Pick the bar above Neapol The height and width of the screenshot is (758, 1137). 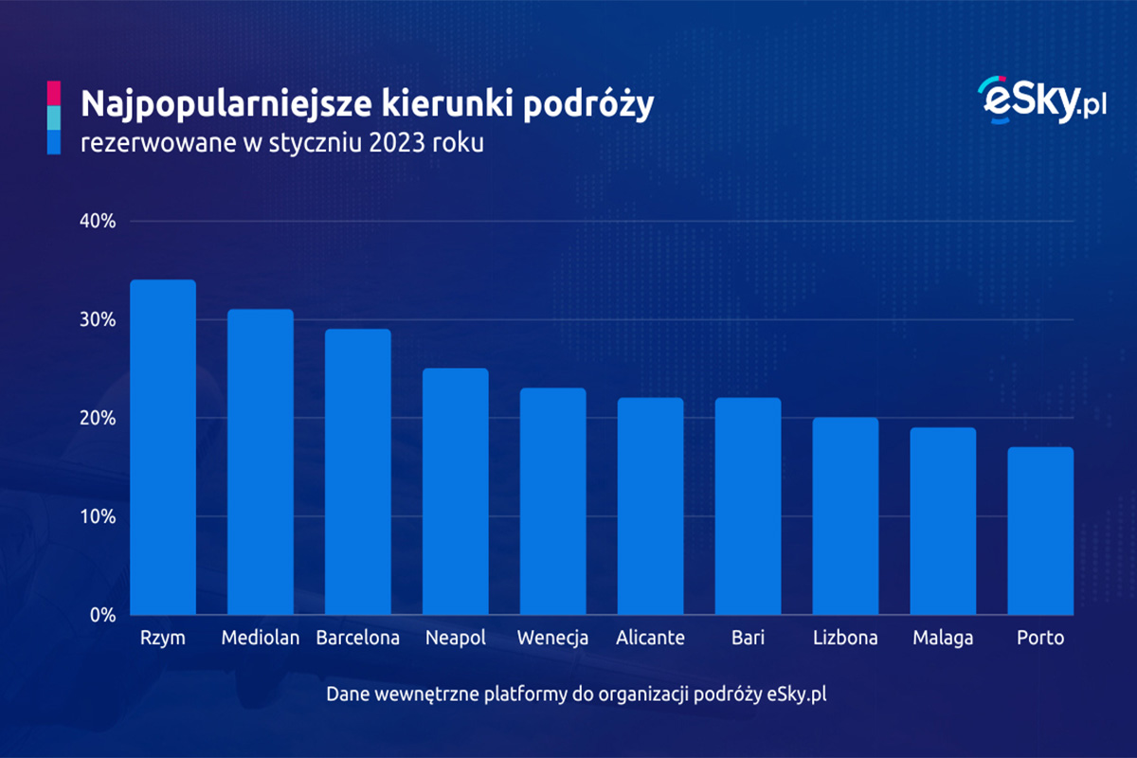click(x=456, y=492)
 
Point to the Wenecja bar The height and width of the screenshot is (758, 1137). click(x=553, y=501)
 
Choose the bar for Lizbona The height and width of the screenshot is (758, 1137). click(x=846, y=516)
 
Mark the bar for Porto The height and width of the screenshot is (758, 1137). click(x=1040, y=531)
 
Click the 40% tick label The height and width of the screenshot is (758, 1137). click(x=97, y=222)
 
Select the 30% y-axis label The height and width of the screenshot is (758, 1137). click(x=97, y=320)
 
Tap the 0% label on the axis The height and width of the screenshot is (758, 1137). click(x=101, y=615)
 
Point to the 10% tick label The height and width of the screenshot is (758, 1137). click(x=97, y=517)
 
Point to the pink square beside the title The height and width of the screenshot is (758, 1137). click(x=53, y=93)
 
